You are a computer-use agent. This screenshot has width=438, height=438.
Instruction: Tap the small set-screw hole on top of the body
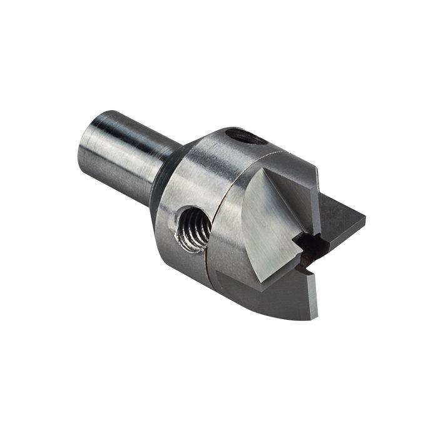[x=245, y=136]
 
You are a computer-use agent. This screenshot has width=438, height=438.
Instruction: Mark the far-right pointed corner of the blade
[x=364, y=219]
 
